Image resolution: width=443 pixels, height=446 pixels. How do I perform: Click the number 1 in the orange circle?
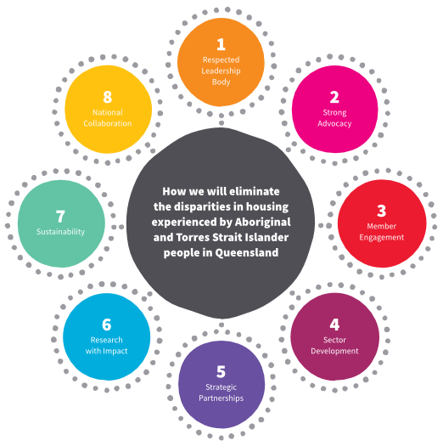point(221,44)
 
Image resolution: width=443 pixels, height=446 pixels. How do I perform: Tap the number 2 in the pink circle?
point(334,98)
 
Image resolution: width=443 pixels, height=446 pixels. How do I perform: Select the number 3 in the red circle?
point(382,211)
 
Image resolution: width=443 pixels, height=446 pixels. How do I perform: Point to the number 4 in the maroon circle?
point(334,325)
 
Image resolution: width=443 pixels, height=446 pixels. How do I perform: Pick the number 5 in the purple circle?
point(221,372)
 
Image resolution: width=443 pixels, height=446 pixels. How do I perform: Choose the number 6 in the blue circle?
point(107,325)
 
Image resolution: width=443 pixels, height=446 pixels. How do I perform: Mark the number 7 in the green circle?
point(60,217)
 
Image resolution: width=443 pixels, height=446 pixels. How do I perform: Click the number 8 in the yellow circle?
point(108,98)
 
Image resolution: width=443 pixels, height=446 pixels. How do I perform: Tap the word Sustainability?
point(60,232)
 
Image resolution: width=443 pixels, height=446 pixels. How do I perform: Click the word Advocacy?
point(334,124)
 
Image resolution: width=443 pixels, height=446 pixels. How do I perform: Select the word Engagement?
point(381,238)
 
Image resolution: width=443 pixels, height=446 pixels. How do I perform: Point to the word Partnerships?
point(221,398)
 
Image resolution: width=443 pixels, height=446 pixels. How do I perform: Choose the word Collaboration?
point(108,123)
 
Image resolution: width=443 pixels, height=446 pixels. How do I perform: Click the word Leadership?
point(221,71)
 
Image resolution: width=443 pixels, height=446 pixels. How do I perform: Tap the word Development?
point(334,351)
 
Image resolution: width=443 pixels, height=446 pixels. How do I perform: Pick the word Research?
point(107,340)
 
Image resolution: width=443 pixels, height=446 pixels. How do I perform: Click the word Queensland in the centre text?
point(247,252)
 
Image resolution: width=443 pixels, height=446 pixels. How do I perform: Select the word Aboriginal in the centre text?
point(263,222)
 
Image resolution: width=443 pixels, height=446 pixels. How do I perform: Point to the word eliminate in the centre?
point(255,191)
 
